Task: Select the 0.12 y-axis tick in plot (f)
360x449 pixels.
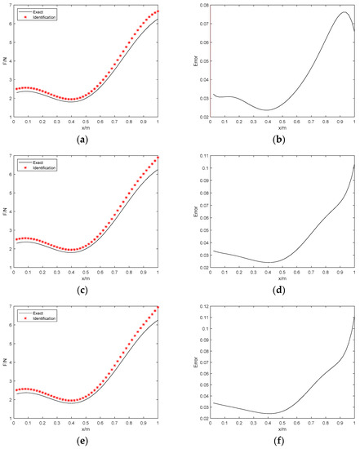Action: (202, 306)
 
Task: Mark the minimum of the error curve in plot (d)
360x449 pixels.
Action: (267, 262)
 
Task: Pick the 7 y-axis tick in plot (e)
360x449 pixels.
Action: (10, 306)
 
